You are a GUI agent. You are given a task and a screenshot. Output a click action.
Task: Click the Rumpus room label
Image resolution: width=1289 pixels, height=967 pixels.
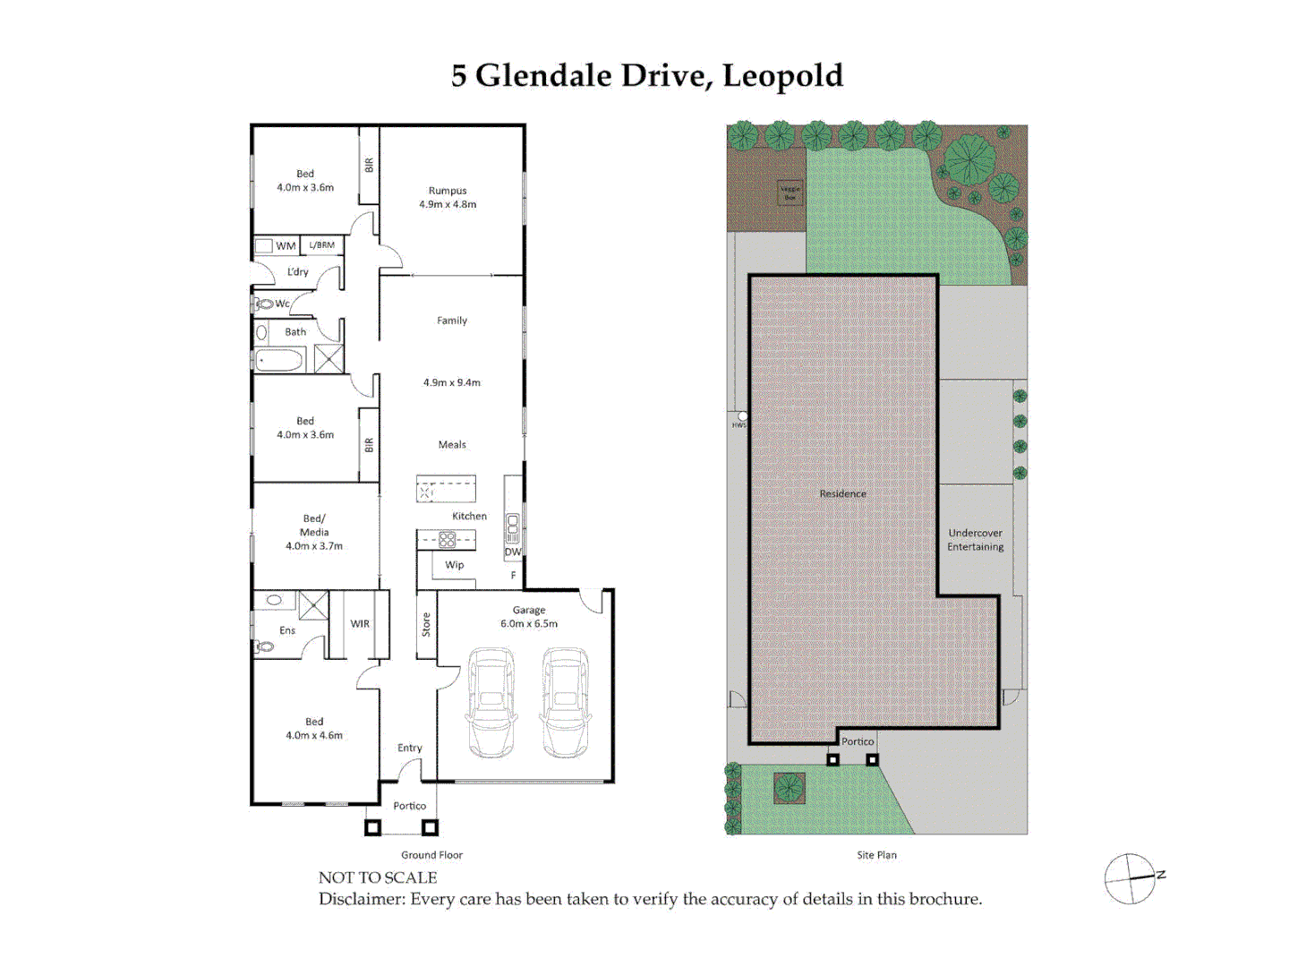448,191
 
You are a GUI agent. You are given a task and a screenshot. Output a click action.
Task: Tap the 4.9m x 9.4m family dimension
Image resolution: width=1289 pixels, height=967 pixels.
452,382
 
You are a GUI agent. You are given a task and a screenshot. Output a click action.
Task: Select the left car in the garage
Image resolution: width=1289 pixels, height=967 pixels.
491,703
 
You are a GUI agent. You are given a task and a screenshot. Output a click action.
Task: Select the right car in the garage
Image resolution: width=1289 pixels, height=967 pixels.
565,703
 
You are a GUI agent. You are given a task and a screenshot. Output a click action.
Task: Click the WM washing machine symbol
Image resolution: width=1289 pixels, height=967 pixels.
264,245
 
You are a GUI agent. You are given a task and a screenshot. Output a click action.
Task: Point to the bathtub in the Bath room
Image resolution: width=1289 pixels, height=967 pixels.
279,361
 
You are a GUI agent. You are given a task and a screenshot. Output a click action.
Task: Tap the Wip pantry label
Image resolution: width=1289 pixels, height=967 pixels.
455,565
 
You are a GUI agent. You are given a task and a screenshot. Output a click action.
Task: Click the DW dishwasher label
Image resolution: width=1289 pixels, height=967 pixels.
512,552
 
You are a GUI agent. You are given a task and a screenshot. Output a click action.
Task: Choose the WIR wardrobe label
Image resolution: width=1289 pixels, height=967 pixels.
360,624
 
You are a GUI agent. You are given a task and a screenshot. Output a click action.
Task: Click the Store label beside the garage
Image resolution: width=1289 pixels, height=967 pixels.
426,624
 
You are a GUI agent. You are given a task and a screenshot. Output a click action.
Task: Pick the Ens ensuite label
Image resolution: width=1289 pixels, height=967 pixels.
287,630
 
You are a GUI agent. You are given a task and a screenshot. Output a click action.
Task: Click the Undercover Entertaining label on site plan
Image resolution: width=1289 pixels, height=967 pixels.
976,540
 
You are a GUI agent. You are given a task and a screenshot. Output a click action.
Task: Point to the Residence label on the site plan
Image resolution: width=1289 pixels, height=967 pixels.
843,493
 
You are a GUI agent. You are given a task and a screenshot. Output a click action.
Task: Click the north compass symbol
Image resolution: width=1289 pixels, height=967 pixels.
1131,878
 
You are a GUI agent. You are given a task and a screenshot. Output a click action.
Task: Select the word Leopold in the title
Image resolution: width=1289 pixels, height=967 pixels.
782,76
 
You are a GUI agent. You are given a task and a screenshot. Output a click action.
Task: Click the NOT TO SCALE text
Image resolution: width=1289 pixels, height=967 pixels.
378,877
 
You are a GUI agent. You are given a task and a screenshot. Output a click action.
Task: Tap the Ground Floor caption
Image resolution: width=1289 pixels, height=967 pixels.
431,855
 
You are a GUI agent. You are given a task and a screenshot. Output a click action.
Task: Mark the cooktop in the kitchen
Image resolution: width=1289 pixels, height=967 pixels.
447,540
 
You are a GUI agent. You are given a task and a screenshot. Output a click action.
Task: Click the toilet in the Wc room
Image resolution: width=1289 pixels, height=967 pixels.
264,304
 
